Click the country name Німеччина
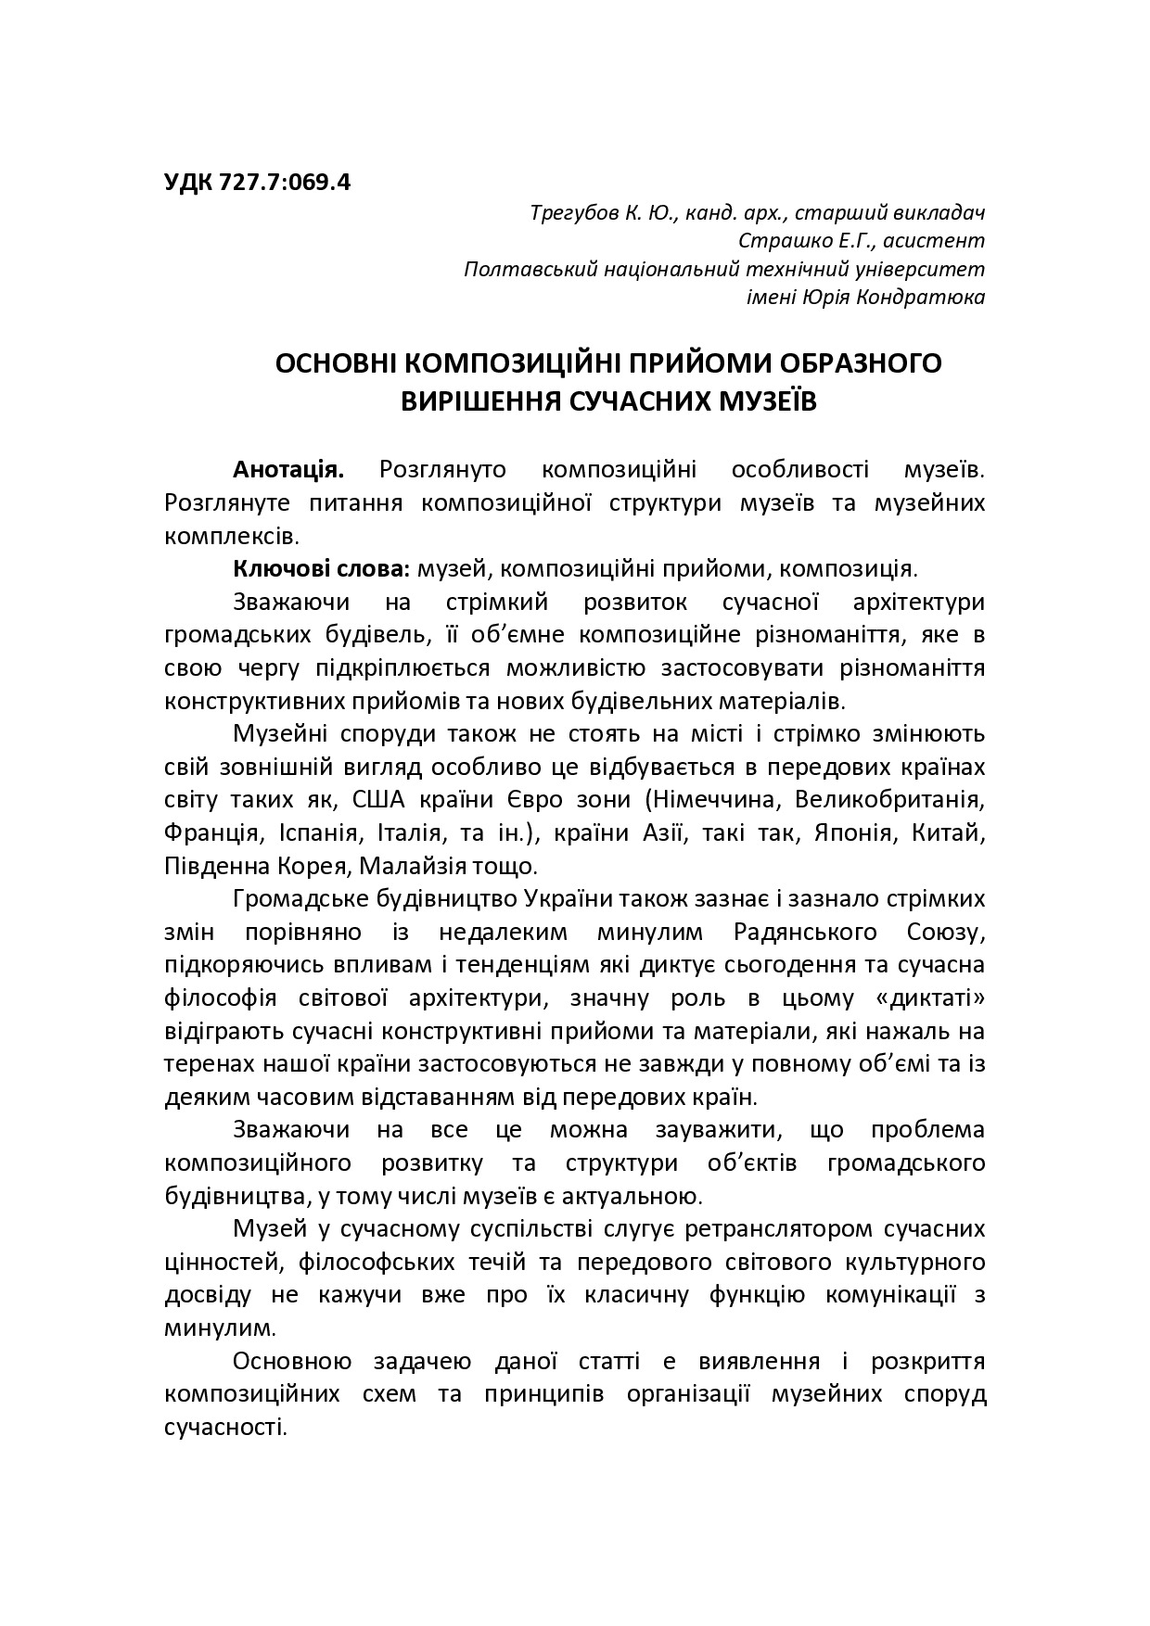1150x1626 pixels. (714, 799)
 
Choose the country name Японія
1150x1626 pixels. (850, 832)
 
